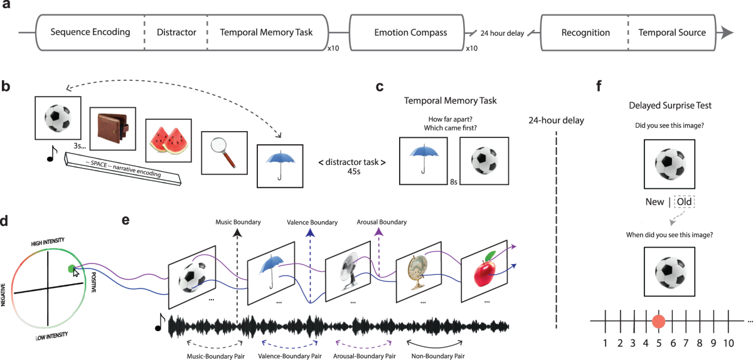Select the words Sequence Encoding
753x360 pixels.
(90, 33)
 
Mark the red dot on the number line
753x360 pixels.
(659, 322)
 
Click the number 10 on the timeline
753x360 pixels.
(727, 343)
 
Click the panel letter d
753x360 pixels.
(6, 221)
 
